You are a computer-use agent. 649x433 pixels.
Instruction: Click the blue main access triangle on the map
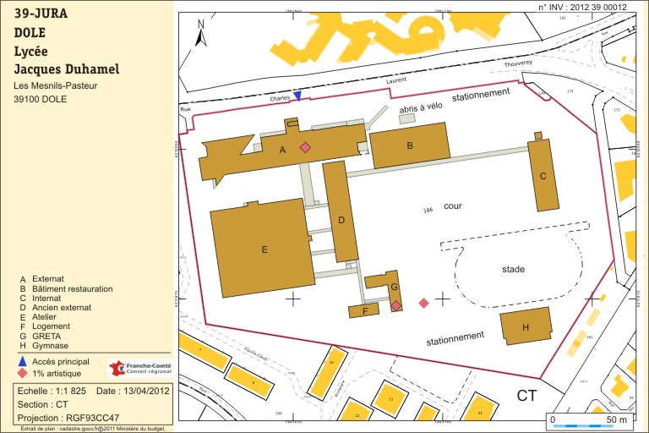coord(297,96)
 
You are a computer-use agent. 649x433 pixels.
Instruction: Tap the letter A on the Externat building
coord(282,150)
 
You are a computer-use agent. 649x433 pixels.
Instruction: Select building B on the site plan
coord(410,145)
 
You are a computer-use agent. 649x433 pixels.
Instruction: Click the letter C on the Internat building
coord(543,176)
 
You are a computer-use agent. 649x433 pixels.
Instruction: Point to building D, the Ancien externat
coord(341,220)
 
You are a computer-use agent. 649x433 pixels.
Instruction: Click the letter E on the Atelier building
coord(265,249)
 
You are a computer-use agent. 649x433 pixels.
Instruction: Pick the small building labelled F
coord(364,311)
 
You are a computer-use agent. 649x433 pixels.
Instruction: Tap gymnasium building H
coord(526,326)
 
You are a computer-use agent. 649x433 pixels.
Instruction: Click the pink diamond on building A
coord(305,147)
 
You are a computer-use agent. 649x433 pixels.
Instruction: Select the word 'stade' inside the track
coord(514,270)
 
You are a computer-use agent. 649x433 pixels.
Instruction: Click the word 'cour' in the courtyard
coord(453,206)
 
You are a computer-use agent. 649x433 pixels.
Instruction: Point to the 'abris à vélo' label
coord(420,107)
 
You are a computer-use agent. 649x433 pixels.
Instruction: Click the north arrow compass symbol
coord(200,34)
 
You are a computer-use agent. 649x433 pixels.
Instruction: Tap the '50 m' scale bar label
coord(617,419)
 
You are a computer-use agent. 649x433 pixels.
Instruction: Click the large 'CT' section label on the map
coord(527,396)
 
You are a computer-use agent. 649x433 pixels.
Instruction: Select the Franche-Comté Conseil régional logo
coord(140,369)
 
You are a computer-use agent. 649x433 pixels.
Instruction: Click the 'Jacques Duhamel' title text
coord(67,69)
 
